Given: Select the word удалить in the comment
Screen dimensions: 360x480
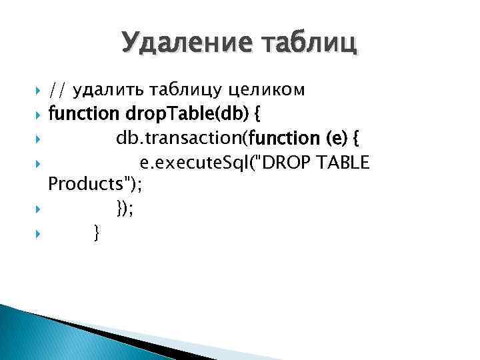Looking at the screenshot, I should (104, 89).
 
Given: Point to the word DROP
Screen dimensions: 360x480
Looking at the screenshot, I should (291, 162).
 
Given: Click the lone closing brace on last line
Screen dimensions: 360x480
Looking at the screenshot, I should (97, 233).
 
